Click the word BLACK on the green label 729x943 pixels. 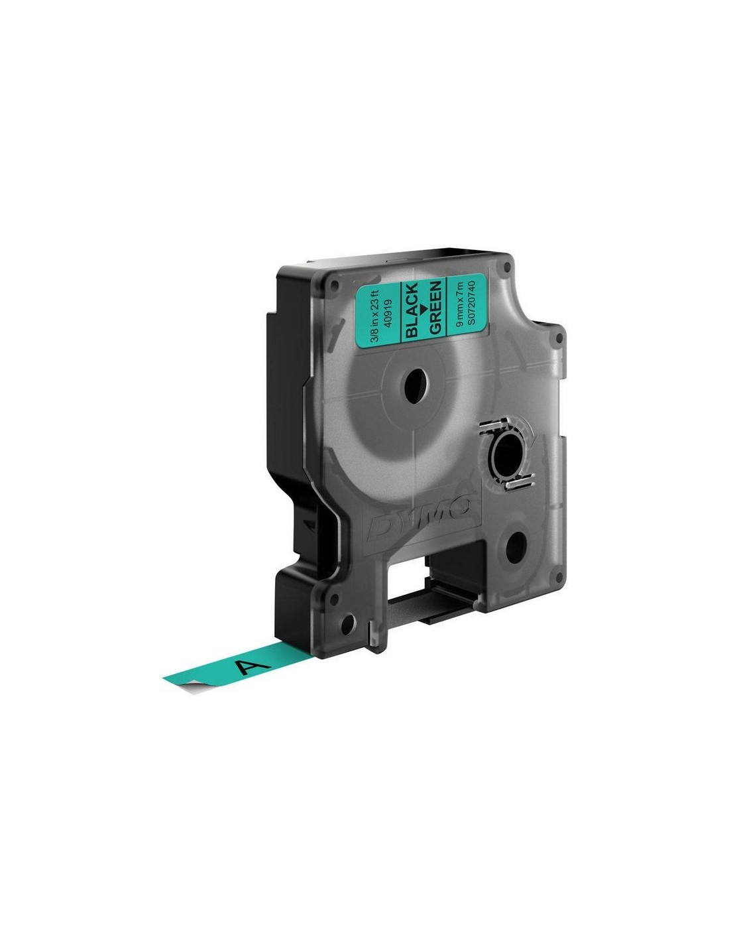[412, 310]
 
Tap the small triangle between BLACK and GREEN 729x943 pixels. [423, 308]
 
